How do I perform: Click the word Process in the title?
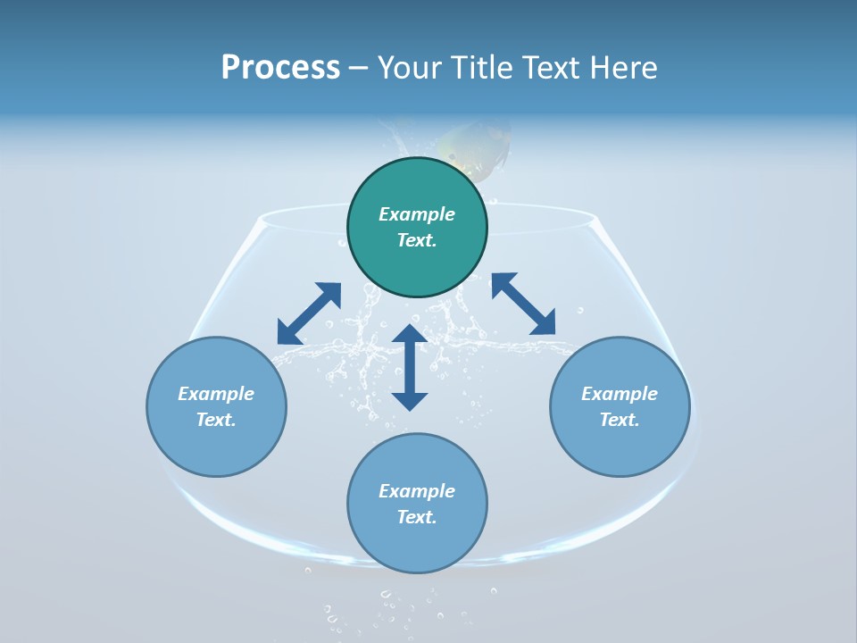(x=280, y=68)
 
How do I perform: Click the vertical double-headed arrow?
(x=410, y=367)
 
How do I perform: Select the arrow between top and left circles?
(x=309, y=313)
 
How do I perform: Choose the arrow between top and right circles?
(x=523, y=304)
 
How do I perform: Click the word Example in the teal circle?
(x=417, y=214)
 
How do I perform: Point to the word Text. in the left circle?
(x=216, y=420)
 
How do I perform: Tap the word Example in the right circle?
(x=620, y=394)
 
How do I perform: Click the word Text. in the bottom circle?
(x=417, y=517)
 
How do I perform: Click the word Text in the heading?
(x=547, y=68)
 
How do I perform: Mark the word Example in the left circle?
(x=216, y=394)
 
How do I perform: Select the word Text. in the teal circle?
(x=417, y=240)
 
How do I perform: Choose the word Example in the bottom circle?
(x=417, y=491)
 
